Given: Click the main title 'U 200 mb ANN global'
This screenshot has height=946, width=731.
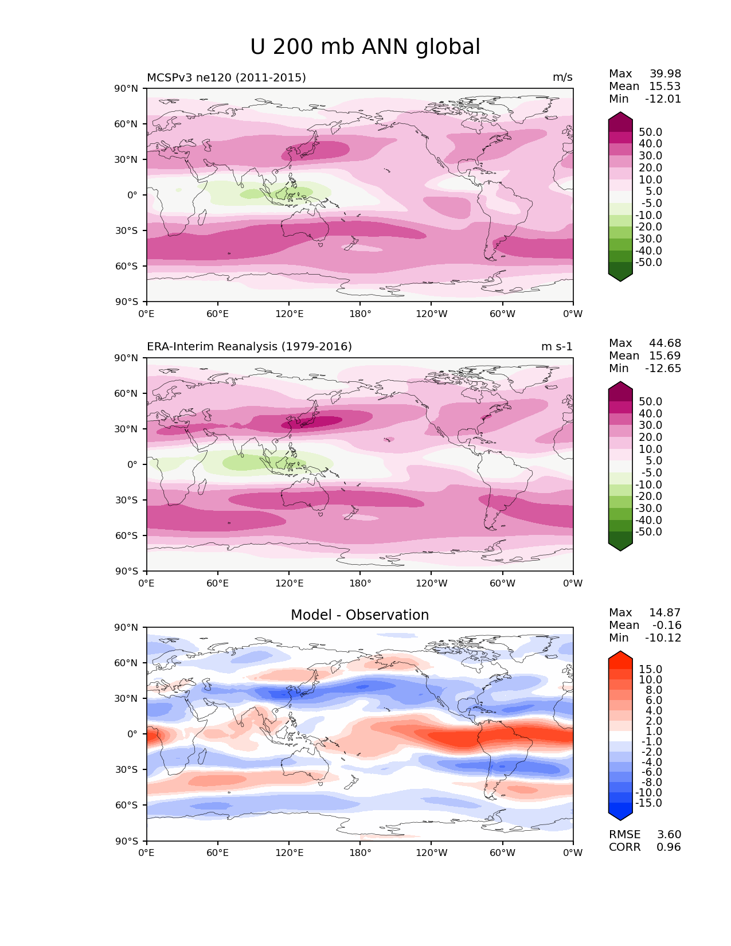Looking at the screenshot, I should click(365, 47).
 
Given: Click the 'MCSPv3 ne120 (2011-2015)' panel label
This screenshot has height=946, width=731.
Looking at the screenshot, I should click(226, 77).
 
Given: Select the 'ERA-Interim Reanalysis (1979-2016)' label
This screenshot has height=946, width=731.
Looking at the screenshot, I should click(249, 347).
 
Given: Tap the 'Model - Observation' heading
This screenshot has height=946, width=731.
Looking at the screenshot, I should click(359, 615).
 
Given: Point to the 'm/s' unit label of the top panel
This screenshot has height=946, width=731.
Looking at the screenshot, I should click(562, 77).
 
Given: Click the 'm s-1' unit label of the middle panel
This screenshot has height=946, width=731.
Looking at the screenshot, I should click(557, 347).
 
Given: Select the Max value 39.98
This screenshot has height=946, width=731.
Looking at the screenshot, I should click(665, 74).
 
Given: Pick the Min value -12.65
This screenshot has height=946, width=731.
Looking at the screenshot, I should click(663, 369).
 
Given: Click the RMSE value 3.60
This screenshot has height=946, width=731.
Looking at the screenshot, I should click(669, 835).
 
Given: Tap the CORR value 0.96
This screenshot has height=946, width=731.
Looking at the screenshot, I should click(669, 847).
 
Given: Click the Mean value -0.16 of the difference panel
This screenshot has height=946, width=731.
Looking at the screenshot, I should click(667, 626).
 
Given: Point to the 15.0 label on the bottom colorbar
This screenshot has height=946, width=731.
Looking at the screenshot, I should click(651, 670).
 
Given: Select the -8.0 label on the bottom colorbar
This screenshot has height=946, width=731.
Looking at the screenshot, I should click(651, 783).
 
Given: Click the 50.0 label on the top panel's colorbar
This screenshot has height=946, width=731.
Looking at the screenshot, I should click(651, 132).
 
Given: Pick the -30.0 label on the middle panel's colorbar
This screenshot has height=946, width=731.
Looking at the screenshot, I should click(649, 509).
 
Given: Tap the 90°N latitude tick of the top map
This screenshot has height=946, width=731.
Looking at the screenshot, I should click(127, 88).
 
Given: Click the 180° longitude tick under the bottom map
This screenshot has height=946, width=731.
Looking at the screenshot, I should click(360, 853).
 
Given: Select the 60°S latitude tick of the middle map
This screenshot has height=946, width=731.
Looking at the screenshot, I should click(127, 535).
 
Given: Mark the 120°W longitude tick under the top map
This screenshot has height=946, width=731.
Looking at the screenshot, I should click(431, 314).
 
